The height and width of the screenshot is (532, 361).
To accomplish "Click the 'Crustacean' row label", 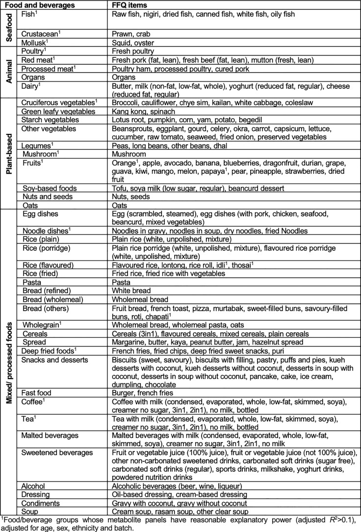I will click(x=42, y=34).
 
